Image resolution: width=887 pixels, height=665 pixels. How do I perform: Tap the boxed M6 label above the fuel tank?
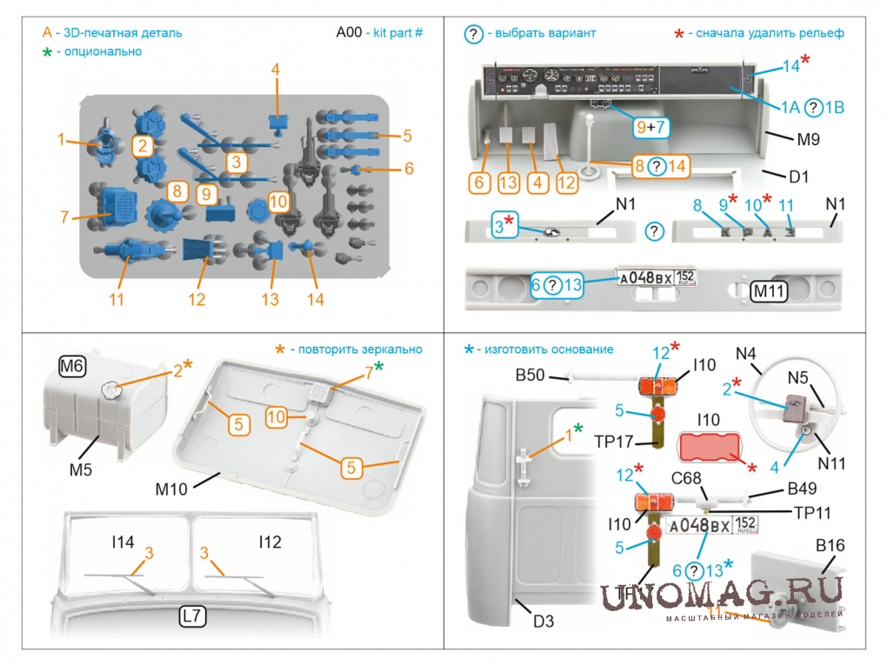[x=72, y=368]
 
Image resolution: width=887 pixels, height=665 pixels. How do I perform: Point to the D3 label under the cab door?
[x=543, y=622]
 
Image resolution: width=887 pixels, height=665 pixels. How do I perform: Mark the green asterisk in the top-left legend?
[x=48, y=51]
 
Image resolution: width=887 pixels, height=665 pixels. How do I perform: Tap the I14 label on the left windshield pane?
[x=123, y=542]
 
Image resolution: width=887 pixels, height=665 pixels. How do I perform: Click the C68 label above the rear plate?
[x=686, y=477]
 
